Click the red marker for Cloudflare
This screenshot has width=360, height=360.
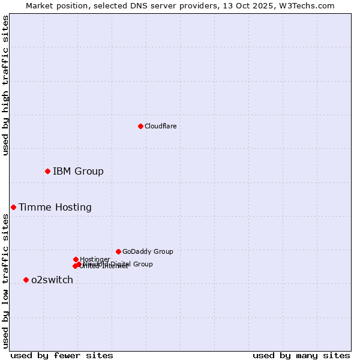(x=140, y=126)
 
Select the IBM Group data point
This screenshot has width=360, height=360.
(x=47, y=172)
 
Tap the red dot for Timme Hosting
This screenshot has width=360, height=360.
(x=13, y=207)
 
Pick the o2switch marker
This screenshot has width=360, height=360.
(x=26, y=280)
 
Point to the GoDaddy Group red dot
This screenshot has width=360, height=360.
(x=118, y=251)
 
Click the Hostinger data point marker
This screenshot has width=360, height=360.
(x=76, y=259)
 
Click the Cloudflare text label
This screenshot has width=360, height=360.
(x=160, y=126)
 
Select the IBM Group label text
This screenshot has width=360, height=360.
(x=78, y=172)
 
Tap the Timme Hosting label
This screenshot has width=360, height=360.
(x=55, y=208)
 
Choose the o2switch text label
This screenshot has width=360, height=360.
(x=52, y=280)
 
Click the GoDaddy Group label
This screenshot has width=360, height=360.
(x=148, y=251)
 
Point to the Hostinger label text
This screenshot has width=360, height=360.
(x=95, y=259)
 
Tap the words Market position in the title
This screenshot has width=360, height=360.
(x=53, y=5)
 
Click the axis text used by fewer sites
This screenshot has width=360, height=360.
(x=62, y=355)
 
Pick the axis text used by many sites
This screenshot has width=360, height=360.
(x=301, y=355)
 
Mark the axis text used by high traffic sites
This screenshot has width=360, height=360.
(x=5, y=85)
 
